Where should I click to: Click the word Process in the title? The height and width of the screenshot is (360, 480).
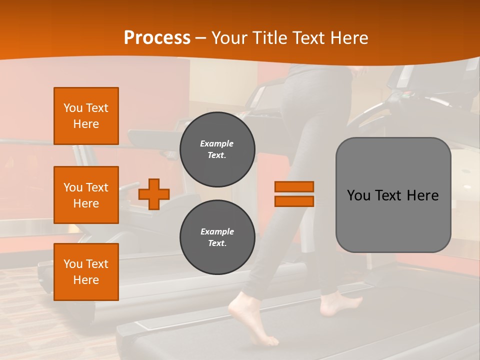[157, 38]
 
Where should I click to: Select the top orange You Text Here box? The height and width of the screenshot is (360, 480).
[86, 116]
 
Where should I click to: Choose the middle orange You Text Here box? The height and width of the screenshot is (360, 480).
[86, 195]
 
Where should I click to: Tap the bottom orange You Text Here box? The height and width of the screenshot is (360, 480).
[86, 272]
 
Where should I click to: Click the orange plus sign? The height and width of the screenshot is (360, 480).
[154, 194]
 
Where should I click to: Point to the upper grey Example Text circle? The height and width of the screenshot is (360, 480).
[217, 149]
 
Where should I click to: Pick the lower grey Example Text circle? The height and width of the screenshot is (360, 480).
[217, 237]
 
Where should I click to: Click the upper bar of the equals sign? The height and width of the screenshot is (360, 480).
[294, 186]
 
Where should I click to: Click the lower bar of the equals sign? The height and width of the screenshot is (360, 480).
[294, 201]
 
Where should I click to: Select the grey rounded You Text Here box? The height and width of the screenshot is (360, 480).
[393, 195]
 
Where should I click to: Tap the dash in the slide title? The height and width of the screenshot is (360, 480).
[200, 38]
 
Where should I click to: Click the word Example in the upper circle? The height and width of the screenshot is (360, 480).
[217, 143]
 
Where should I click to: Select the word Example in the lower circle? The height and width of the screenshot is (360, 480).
[217, 231]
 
